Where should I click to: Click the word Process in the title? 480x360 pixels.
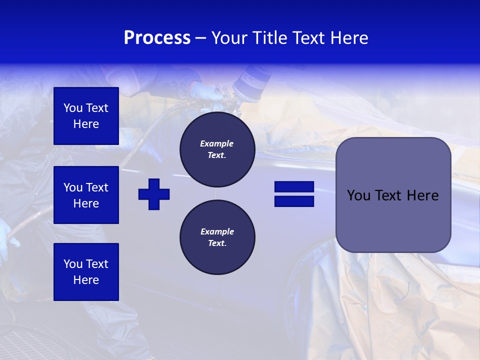click(x=157, y=38)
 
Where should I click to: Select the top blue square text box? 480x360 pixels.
click(x=86, y=116)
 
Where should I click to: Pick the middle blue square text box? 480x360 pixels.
click(x=86, y=195)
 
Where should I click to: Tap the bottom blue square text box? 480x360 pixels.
click(x=86, y=272)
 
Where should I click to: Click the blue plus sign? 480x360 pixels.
click(x=154, y=194)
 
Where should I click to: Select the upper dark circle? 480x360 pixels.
click(x=217, y=149)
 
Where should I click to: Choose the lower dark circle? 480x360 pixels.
click(x=217, y=237)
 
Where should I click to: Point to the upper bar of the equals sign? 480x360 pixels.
click(x=294, y=187)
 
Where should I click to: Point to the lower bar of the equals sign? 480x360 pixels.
click(x=294, y=201)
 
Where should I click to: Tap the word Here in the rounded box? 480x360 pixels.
click(x=422, y=195)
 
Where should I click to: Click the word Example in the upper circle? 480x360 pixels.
click(x=217, y=143)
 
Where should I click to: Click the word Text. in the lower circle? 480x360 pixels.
click(x=217, y=243)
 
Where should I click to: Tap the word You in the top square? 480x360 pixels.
click(x=72, y=108)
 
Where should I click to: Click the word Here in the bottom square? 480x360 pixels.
click(x=86, y=280)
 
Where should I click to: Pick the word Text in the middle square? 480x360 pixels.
click(x=96, y=187)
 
